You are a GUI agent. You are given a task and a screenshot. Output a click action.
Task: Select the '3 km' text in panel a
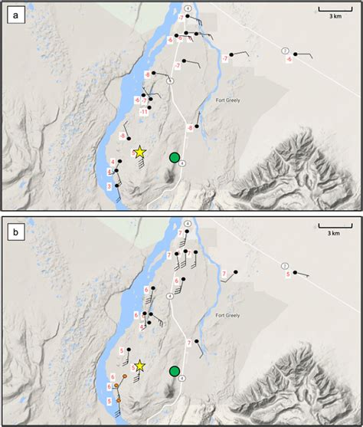335,16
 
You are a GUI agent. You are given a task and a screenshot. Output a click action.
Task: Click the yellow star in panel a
139,153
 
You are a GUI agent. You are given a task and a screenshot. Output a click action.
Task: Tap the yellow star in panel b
139,367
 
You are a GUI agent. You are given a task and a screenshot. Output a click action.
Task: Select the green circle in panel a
175,158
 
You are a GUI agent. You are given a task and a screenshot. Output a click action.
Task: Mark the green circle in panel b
175,372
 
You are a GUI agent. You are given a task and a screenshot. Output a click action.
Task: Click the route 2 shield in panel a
285,51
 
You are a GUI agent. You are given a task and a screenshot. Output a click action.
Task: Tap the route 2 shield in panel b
285,265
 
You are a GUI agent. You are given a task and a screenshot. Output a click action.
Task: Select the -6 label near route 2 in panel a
289,59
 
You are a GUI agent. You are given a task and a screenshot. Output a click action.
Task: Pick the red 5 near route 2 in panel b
289,273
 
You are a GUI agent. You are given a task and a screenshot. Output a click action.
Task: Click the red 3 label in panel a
110,186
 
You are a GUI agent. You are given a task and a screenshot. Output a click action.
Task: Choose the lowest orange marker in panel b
119,400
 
